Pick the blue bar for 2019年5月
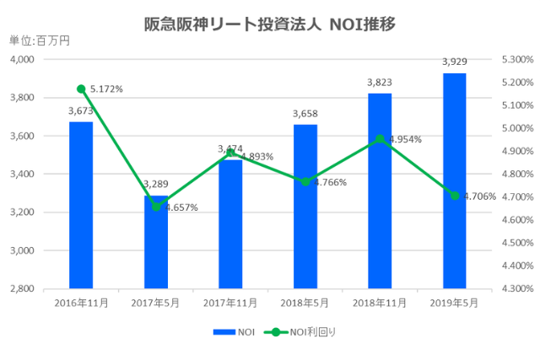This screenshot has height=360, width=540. tap(454, 180)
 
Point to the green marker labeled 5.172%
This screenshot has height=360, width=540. tap(81, 89)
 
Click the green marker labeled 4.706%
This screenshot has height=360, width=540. tap(454, 196)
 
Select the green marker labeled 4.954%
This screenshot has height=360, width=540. tap(380, 139)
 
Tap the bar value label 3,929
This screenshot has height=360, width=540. tap(454, 62)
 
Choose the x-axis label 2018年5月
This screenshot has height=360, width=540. tap(305, 302)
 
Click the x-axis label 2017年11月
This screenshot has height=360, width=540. tap(230, 302)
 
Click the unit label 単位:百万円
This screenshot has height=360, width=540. tap(39, 40)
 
